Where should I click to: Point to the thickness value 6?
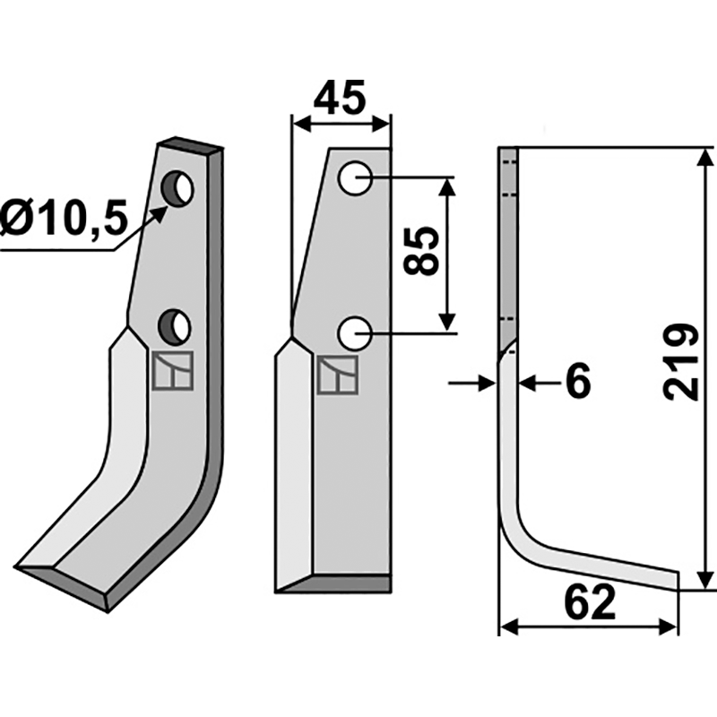click(x=578, y=383)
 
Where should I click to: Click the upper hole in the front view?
click(x=355, y=177)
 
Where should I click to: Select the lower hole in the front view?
click(x=355, y=333)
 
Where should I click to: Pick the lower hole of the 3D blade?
click(x=175, y=325)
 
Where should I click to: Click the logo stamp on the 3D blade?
click(x=173, y=371)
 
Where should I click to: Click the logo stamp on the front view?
click(x=338, y=375)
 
